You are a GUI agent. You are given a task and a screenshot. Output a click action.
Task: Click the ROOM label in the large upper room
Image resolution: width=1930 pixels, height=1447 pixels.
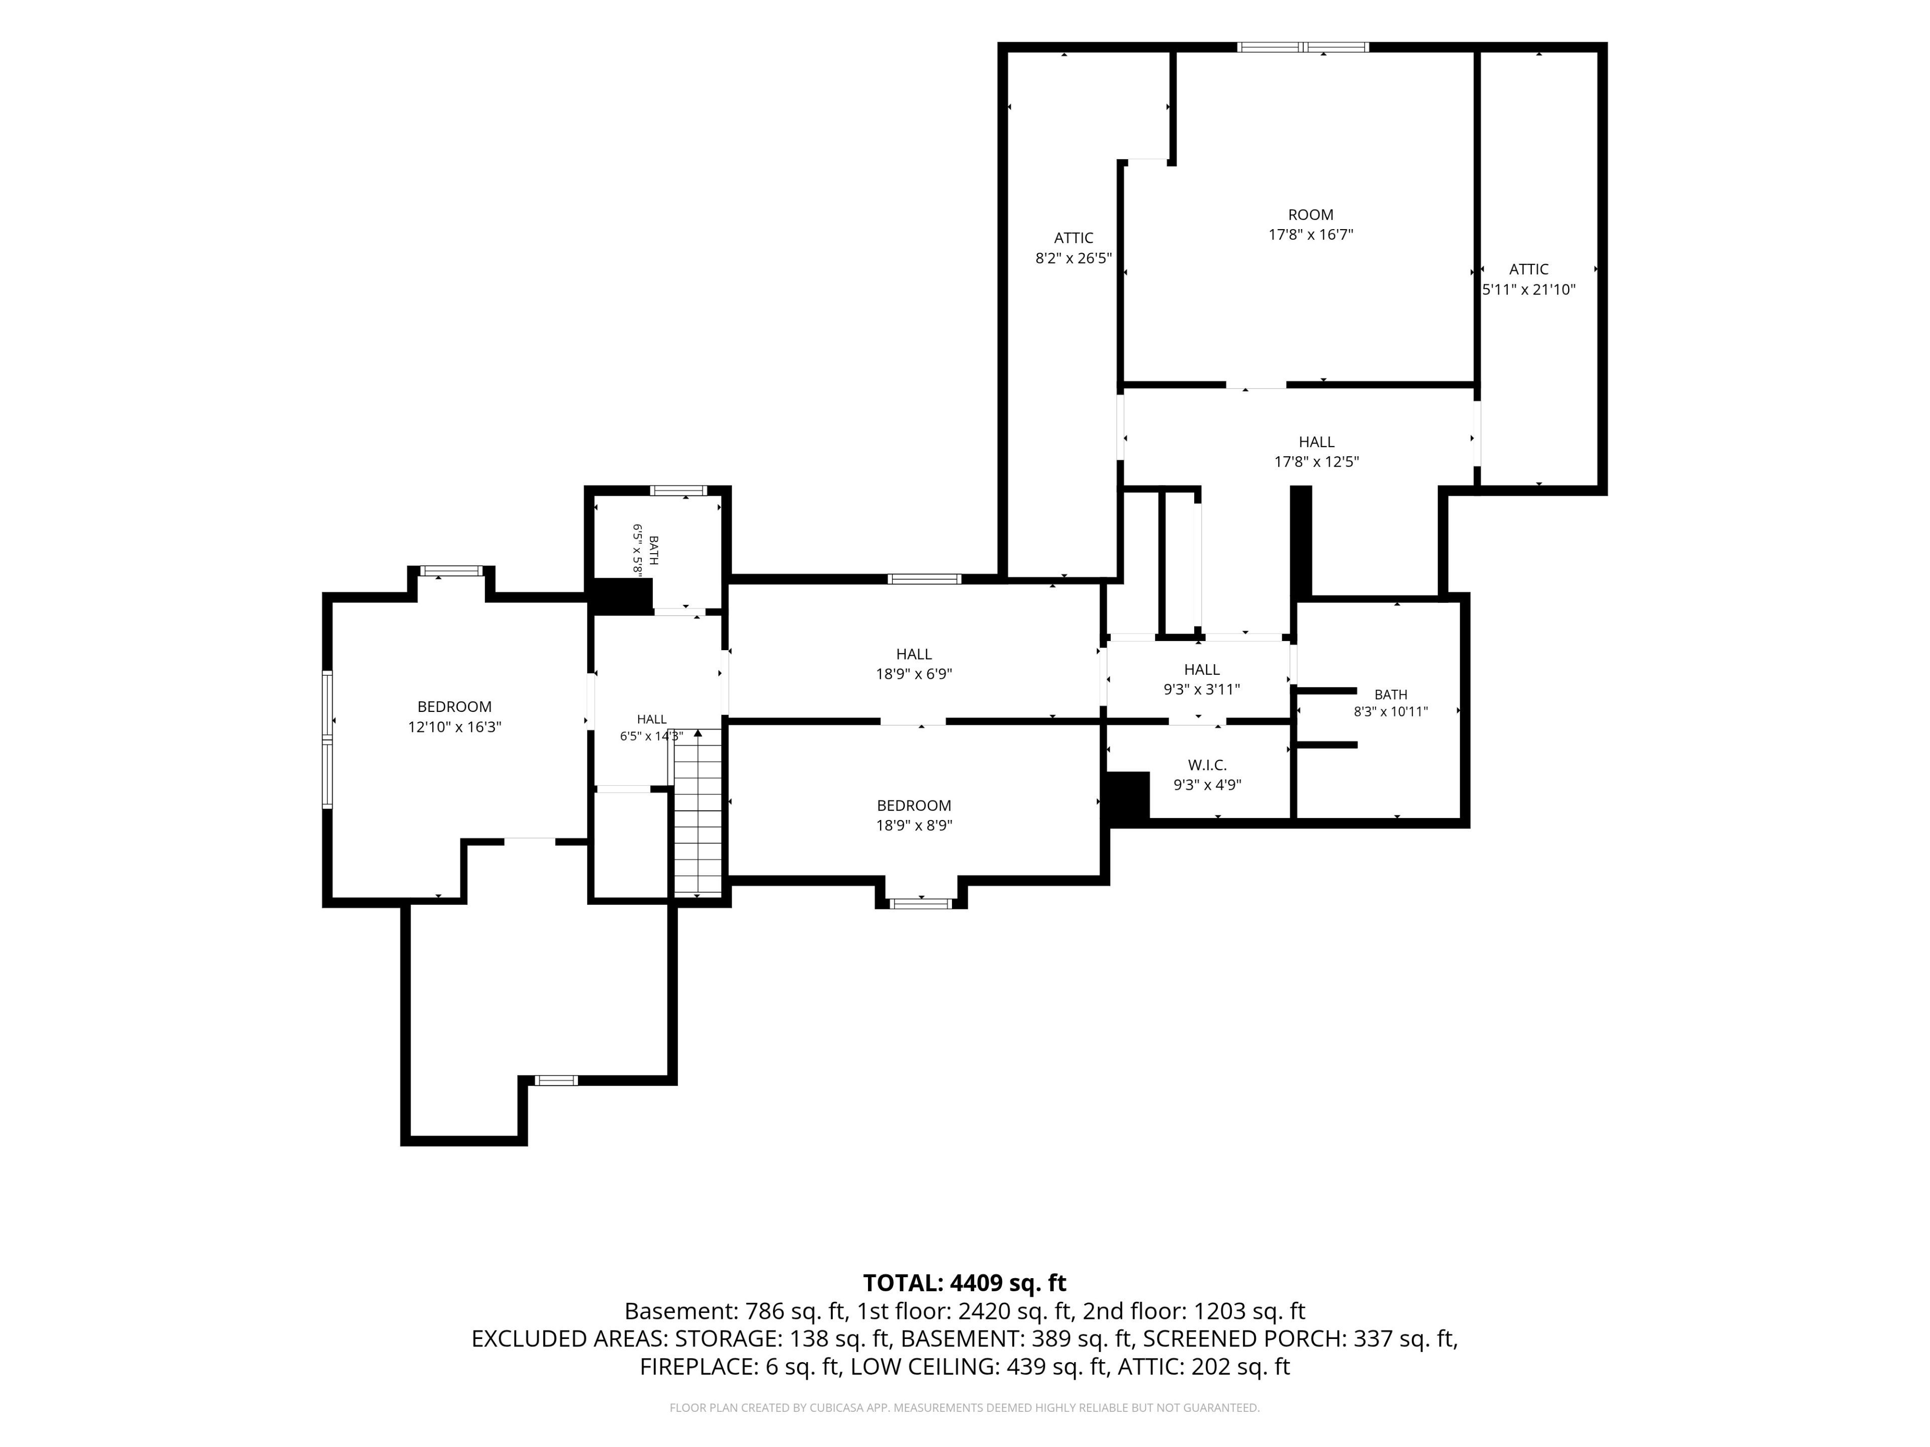1310,215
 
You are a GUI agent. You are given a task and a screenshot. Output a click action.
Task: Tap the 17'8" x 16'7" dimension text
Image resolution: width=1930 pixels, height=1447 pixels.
1310,235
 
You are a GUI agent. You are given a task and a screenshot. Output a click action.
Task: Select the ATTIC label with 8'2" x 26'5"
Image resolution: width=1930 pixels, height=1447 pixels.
1073,238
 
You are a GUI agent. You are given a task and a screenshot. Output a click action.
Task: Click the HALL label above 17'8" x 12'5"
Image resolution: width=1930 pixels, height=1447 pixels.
1317,442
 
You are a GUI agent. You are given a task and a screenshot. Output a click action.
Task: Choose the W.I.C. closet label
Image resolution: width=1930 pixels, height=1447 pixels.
1208,765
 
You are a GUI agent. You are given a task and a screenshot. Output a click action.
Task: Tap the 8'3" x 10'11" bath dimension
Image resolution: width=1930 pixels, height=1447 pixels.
1391,712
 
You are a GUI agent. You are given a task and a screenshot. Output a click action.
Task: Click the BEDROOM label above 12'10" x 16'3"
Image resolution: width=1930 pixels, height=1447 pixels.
454,706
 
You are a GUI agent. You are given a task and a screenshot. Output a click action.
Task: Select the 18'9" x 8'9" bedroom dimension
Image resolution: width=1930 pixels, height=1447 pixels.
914,825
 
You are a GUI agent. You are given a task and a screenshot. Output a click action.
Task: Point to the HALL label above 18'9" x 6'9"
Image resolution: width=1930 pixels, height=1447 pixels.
914,654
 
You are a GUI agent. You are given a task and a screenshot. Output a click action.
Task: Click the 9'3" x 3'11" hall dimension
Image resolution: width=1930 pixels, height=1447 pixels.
1201,689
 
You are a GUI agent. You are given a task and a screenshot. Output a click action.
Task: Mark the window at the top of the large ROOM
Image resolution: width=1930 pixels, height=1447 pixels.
1304,47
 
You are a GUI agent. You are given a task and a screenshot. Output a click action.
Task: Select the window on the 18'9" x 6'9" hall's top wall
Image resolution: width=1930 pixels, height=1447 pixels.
925,579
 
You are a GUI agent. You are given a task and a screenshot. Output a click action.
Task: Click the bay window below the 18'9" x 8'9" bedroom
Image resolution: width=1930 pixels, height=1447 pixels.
921,903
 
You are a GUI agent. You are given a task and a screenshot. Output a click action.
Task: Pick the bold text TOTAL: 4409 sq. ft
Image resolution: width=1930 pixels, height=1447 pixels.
964,1283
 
